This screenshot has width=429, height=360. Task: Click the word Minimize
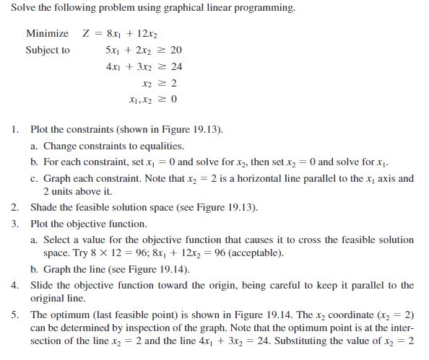(48, 34)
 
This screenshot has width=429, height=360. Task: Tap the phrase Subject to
(48, 51)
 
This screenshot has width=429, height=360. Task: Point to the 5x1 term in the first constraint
(112, 51)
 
